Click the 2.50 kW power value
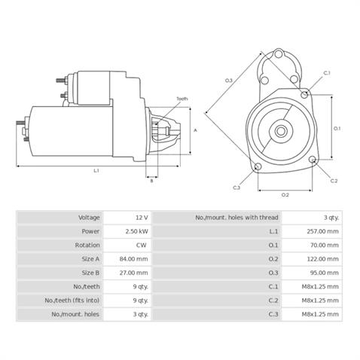click(x=137, y=231)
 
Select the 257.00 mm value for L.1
click(x=322, y=231)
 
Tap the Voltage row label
click(x=89, y=218)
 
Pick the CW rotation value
click(x=141, y=245)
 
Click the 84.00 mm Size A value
click(x=133, y=259)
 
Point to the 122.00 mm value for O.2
click(x=322, y=259)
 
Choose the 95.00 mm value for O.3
click(x=324, y=273)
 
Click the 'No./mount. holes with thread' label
click(x=236, y=218)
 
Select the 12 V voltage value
click(x=142, y=218)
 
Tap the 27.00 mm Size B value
click(x=133, y=273)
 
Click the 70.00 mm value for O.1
click(x=325, y=245)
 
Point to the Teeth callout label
click(x=182, y=99)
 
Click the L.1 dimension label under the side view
click(x=96, y=171)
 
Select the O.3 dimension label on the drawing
click(x=228, y=81)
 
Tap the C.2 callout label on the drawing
click(x=334, y=181)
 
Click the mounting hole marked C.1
click(x=304, y=95)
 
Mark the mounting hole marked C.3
click(x=258, y=166)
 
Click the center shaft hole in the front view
click(x=281, y=131)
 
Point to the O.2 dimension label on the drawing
click(x=285, y=195)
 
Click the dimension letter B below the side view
click(x=151, y=181)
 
